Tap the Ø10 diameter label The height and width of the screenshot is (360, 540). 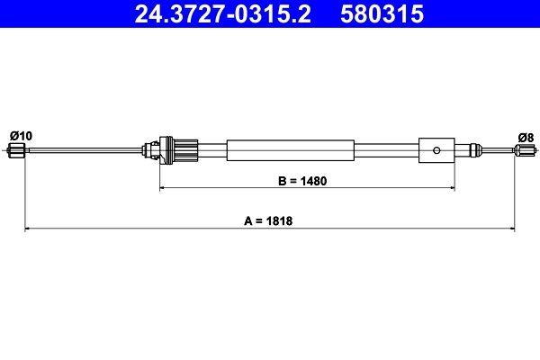click(x=21, y=135)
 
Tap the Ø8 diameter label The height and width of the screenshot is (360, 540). click(x=526, y=137)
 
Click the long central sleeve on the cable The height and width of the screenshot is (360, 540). click(x=290, y=149)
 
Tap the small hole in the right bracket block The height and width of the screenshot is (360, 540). click(x=436, y=149)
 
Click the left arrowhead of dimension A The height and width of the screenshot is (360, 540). click(x=27, y=229)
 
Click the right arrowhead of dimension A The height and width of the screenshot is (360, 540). click(x=514, y=229)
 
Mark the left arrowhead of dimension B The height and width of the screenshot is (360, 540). click(x=164, y=188)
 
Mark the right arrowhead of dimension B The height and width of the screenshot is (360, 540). click(x=451, y=188)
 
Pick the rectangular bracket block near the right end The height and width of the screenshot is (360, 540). click(x=436, y=149)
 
